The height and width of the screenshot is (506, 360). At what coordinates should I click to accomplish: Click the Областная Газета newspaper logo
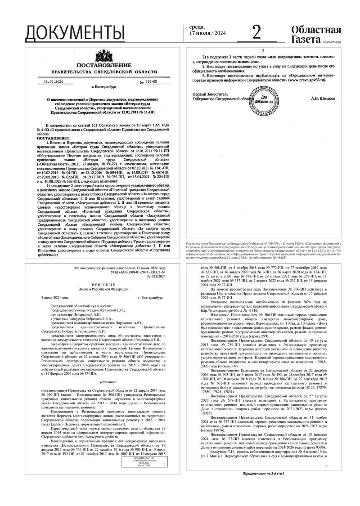pos(316,34)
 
